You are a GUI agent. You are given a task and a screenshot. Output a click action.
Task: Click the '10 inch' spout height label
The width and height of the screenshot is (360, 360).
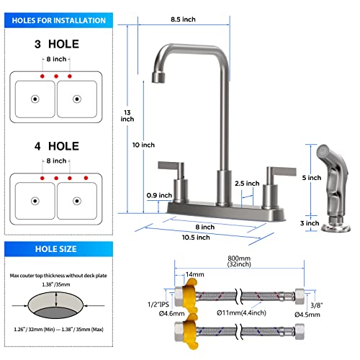click(x=144, y=145)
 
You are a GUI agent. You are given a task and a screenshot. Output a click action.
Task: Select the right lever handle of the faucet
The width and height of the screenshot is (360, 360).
click(x=275, y=171)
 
